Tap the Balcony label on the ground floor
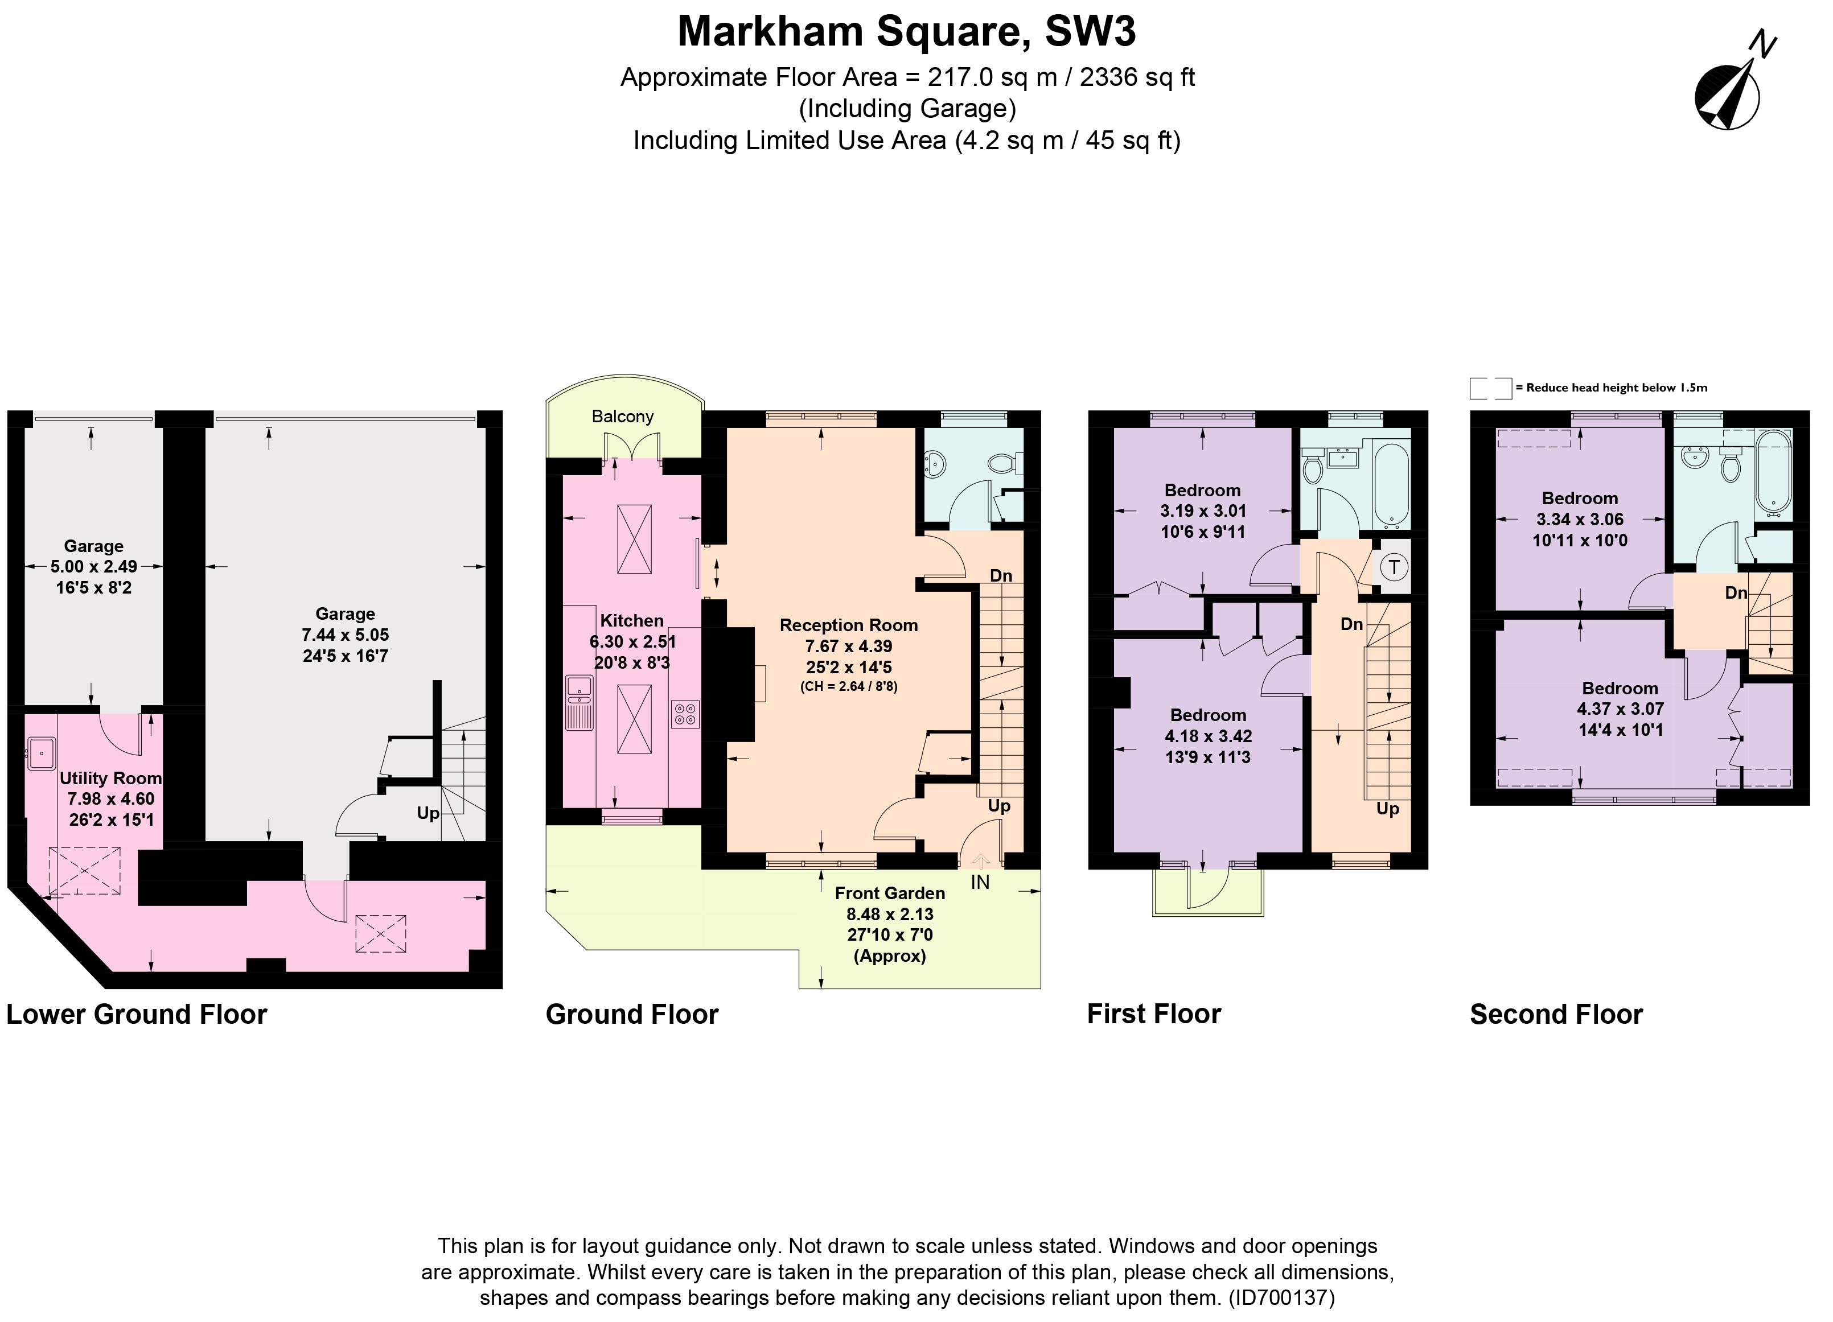coord(622,416)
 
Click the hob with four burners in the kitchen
coord(685,714)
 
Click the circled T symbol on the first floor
coord(1394,567)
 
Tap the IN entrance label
coord(980,883)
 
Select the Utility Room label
coord(111,778)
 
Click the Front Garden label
coord(890,893)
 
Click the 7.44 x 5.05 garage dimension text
coord(345,635)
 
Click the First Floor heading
coord(1153,1014)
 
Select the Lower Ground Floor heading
coord(137,1014)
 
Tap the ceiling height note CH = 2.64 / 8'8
coord(849,687)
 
